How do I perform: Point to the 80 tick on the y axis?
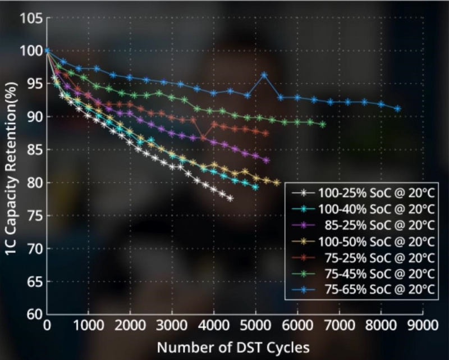(x=34, y=183)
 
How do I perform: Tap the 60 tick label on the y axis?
(x=34, y=314)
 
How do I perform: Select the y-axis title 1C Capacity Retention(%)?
(x=12, y=166)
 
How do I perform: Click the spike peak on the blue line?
(x=264, y=75)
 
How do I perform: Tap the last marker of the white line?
(x=230, y=198)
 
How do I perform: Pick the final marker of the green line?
(x=322, y=124)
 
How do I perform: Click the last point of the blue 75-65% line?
(x=397, y=108)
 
